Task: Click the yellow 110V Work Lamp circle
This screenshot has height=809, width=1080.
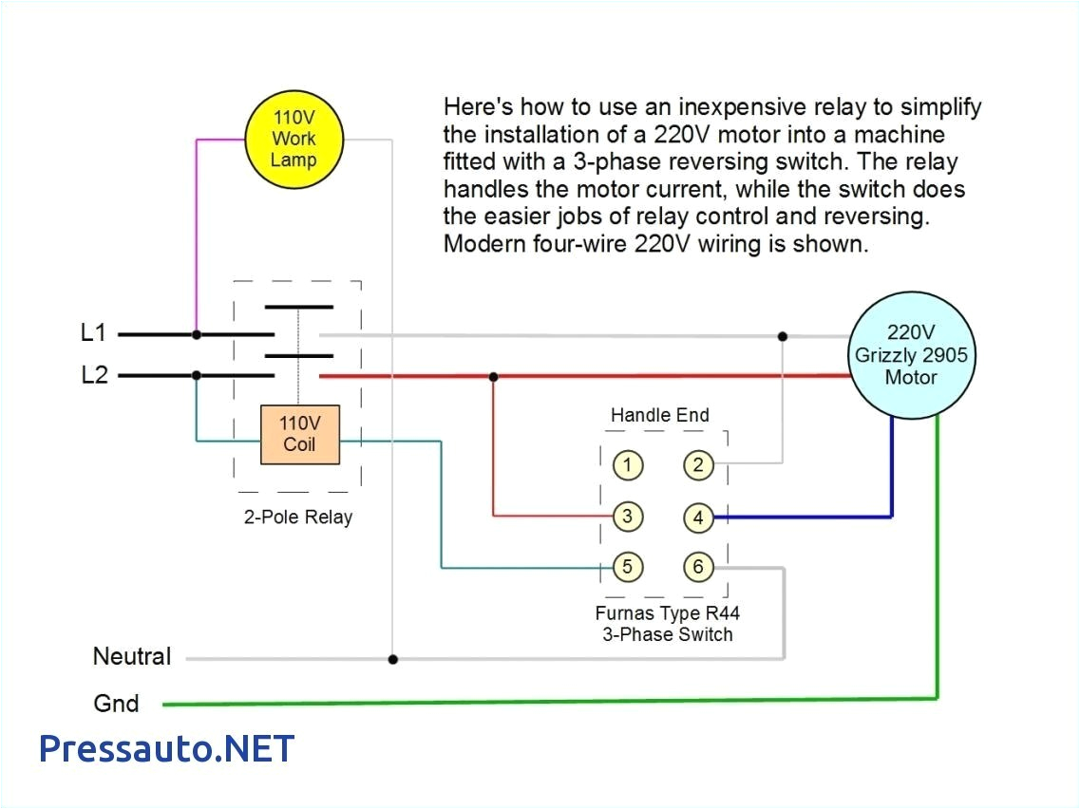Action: tap(294, 139)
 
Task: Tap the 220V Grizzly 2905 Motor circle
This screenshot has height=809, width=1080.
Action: tap(911, 355)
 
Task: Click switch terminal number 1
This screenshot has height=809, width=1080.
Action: tap(627, 465)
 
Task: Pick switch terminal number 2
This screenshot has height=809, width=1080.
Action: tap(698, 465)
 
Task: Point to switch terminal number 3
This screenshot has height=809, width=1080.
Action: tap(627, 517)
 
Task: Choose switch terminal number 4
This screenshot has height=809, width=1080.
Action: tap(698, 517)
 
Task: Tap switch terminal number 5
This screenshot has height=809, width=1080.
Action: tap(627, 568)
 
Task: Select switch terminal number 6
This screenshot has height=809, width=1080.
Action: tap(698, 568)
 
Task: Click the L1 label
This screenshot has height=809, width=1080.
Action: tap(94, 334)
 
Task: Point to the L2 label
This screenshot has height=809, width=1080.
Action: tap(94, 375)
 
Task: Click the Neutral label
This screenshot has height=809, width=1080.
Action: tap(132, 656)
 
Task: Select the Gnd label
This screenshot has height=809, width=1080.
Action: tap(116, 704)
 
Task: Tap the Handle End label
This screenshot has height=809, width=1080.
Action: tap(659, 415)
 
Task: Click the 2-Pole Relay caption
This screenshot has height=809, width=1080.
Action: tap(297, 517)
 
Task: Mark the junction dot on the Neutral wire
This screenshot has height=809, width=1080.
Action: tap(392, 658)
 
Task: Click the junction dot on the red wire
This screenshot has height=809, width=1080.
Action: tap(492, 377)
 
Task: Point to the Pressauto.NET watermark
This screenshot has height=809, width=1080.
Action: tap(166, 748)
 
